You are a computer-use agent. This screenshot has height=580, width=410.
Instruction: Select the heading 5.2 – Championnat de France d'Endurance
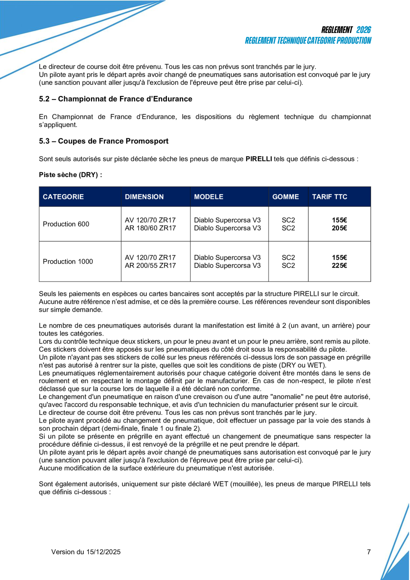click(x=116, y=99)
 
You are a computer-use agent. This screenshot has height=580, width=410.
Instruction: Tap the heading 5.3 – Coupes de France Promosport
click(x=104, y=141)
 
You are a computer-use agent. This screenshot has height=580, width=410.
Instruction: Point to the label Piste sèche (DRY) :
click(x=70, y=175)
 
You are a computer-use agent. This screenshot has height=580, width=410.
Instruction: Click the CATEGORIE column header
click(x=63, y=197)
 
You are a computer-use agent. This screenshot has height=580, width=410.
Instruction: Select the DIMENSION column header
click(x=144, y=197)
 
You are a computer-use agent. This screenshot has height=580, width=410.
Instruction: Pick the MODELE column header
click(x=209, y=197)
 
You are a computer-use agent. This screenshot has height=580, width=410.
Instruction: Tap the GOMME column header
click(x=286, y=197)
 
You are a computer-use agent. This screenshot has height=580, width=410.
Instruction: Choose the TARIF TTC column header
click(x=330, y=197)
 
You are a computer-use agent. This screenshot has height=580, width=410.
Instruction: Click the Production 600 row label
click(x=66, y=224)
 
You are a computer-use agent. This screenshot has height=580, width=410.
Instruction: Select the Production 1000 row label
click(x=68, y=261)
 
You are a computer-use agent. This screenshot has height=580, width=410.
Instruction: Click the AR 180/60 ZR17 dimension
click(x=150, y=228)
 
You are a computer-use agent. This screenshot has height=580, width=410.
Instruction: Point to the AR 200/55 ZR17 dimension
click(x=150, y=266)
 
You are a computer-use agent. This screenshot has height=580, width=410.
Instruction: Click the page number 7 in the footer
click(x=369, y=552)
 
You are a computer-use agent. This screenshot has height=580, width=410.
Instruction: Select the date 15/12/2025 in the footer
click(x=103, y=552)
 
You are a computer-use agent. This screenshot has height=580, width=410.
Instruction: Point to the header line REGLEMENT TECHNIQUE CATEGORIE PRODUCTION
click(x=308, y=41)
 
